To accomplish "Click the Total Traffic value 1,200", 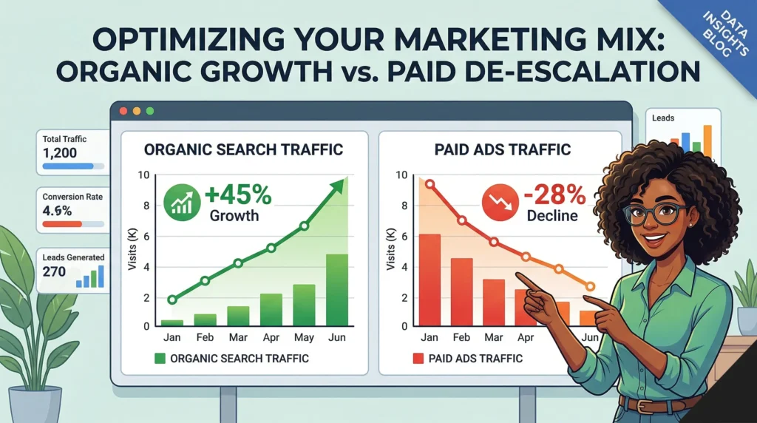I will point(60,154).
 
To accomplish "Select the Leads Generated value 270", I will point(54,272).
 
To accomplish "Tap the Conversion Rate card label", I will point(72,197).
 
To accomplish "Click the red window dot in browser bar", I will point(123,111).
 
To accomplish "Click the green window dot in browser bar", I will point(150,111).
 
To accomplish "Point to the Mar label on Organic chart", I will point(237,338).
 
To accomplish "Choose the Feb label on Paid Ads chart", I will point(461,338).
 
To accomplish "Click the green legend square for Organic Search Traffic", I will point(160,359).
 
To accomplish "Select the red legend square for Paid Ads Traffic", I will point(418,359).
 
